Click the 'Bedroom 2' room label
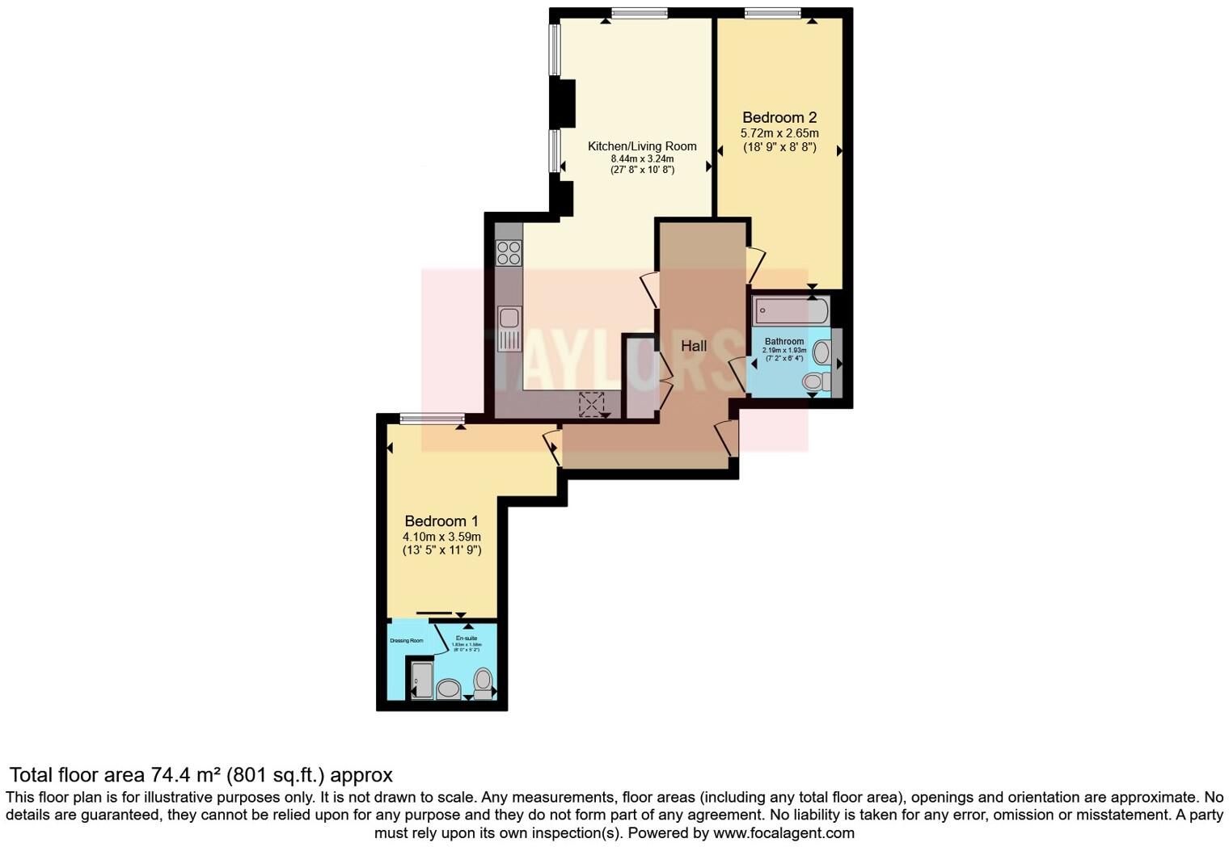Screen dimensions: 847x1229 point(779,118)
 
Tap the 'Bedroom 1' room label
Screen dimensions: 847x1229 point(441,521)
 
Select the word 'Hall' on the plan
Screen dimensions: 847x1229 point(694,346)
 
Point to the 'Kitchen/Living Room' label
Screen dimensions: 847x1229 point(642,146)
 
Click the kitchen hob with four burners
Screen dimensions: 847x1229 point(509,253)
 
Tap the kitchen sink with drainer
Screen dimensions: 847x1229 point(509,328)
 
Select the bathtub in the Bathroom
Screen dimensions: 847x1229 point(791,310)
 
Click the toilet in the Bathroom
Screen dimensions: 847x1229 point(815,381)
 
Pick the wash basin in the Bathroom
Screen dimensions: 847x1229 point(821,352)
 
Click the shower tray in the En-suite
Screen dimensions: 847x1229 point(422,681)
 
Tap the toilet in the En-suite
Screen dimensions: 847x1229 point(484,683)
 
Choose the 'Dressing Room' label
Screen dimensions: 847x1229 point(407,641)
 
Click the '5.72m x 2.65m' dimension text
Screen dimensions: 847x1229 point(779,133)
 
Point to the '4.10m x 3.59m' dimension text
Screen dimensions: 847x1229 point(441,537)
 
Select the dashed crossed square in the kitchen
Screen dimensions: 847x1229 point(592,404)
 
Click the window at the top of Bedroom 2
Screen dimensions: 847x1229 point(772,12)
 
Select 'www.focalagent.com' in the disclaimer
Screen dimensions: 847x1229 point(783,832)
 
